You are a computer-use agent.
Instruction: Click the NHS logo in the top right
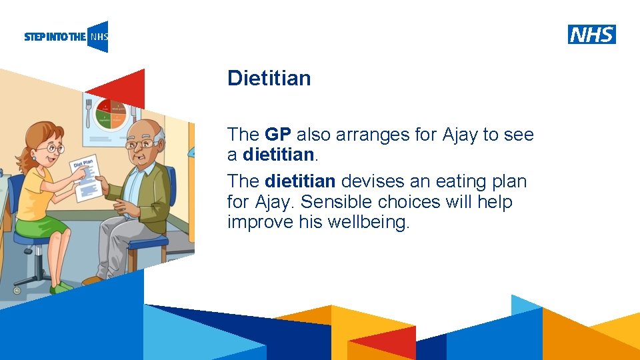pyautogui.click(x=591, y=34)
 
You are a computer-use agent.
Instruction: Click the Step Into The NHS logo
pyautogui.click(x=65, y=37)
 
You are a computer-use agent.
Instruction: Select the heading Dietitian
pyautogui.click(x=269, y=79)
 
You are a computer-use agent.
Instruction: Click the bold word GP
pyautogui.click(x=278, y=135)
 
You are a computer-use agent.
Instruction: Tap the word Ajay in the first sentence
pyautogui.click(x=460, y=135)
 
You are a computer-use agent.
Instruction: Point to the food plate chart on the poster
pyautogui.click(x=110, y=113)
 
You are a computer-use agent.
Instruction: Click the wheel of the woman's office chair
pyautogui.click(x=17, y=290)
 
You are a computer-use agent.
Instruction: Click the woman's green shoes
pyautogui.click(x=63, y=287)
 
